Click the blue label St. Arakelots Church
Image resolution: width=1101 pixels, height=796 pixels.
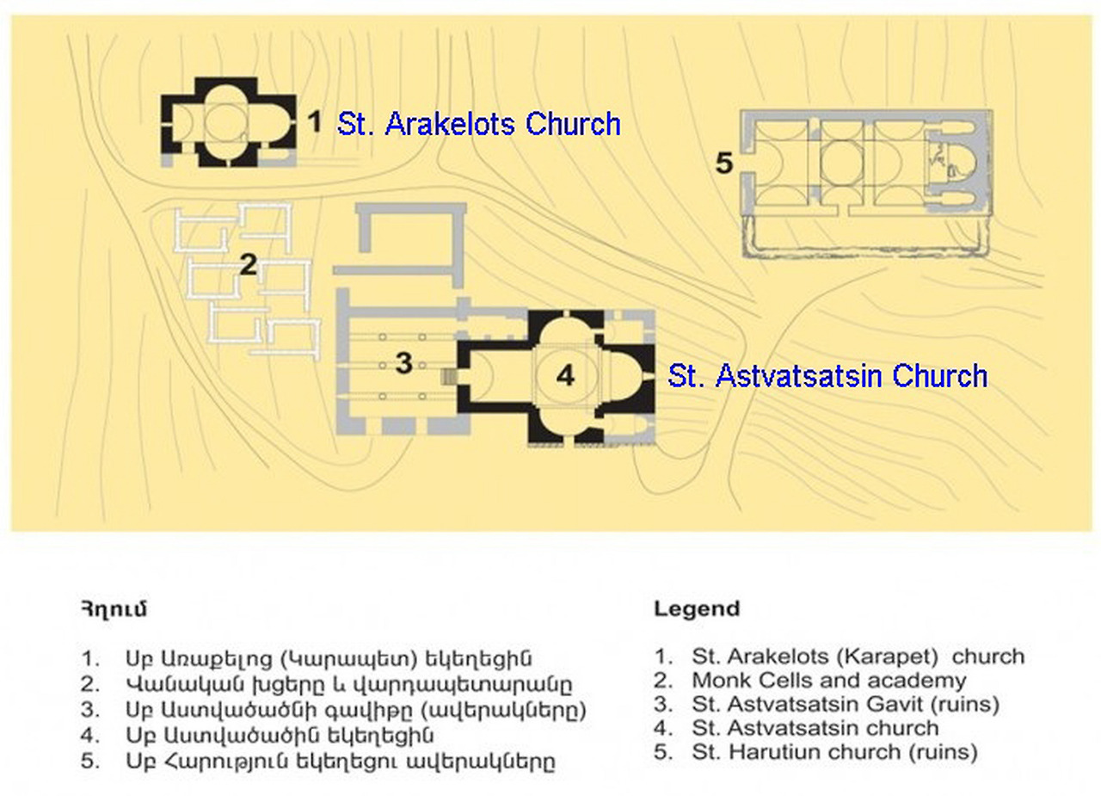point(478,124)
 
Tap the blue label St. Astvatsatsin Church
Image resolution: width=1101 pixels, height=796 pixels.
point(827,376)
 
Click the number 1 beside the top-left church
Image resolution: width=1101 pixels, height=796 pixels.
point(315,122)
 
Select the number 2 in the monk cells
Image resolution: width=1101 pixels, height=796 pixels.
point(248,265)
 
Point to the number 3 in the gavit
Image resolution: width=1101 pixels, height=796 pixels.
point(404,364)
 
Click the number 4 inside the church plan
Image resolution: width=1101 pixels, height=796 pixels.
point(564,375)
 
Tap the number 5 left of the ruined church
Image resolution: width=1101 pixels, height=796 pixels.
point(724,163)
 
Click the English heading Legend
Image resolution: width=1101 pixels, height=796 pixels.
point(697,609)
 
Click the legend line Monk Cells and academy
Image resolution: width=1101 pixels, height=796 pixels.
point(828,681)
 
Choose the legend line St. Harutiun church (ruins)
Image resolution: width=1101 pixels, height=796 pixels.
point(834,752)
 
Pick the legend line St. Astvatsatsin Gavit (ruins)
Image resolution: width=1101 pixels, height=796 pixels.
point(845,705)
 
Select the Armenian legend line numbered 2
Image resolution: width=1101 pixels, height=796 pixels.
point(348,686)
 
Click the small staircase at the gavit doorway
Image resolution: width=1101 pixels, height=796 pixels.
point(448,376)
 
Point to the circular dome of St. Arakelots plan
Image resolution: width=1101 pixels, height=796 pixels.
point(228,123)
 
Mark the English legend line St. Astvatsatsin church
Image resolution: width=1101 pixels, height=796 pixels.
point(815,728)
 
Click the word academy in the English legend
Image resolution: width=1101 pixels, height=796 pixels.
point(925,681)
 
